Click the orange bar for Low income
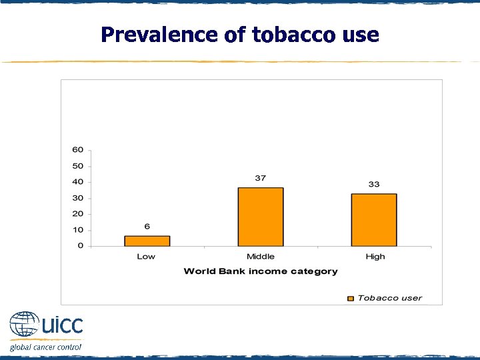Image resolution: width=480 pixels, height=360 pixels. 147,241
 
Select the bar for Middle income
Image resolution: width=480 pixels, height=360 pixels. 260,217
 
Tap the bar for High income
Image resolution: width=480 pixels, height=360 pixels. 373,220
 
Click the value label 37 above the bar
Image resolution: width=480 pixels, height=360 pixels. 260,178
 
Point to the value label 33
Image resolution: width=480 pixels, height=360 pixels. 373,184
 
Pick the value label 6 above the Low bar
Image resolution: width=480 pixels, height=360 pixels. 147,227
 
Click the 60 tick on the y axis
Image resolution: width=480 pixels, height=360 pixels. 78,150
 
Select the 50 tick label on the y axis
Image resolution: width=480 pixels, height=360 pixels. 78,166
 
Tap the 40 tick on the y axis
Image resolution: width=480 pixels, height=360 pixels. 78,182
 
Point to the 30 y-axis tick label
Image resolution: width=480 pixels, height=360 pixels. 78,198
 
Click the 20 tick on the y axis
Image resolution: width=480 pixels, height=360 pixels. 78,214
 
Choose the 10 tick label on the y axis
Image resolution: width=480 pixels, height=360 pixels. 78,230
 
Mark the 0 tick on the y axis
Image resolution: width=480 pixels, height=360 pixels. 81,246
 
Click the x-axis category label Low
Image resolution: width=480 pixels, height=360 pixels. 146,257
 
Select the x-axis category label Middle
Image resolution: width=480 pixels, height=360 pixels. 260,257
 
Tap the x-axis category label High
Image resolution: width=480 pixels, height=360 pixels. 375,257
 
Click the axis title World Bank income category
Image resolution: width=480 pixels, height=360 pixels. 260,271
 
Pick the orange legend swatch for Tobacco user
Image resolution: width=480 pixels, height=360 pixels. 351,298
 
